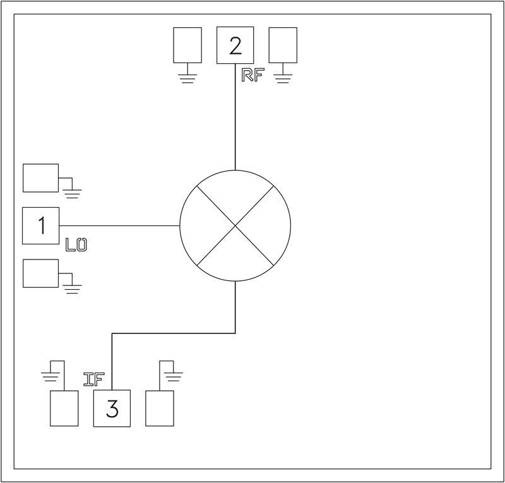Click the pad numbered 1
click(41, 225)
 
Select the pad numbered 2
click(235, 45)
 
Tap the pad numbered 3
click(112, 408)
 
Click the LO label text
click(76, 244)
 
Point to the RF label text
click(252, 75)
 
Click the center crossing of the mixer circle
click(235, 225)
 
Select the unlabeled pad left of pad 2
click(187, 45)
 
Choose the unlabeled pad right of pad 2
click(283, 45)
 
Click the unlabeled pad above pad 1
click(40, 177)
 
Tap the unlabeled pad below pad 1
click(40, 273)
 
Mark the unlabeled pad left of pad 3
click(64, 408)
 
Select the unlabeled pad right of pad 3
click(160, 408)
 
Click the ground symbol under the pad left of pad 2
click(187, 78)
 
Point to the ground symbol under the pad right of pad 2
click(283, 78)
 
